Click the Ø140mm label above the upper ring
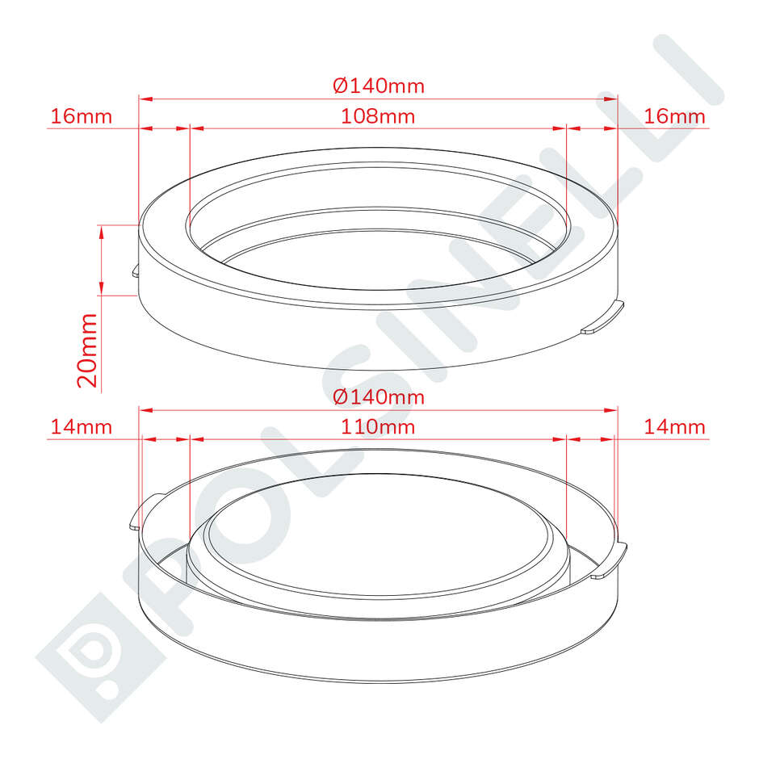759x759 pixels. pos(378,85)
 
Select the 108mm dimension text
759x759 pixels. pos(378,116)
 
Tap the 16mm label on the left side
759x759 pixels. pos(81,116)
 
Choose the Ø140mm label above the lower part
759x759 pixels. pos(378,397)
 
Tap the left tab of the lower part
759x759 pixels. pos(136,517)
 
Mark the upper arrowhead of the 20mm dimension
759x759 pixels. pos(101,231)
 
